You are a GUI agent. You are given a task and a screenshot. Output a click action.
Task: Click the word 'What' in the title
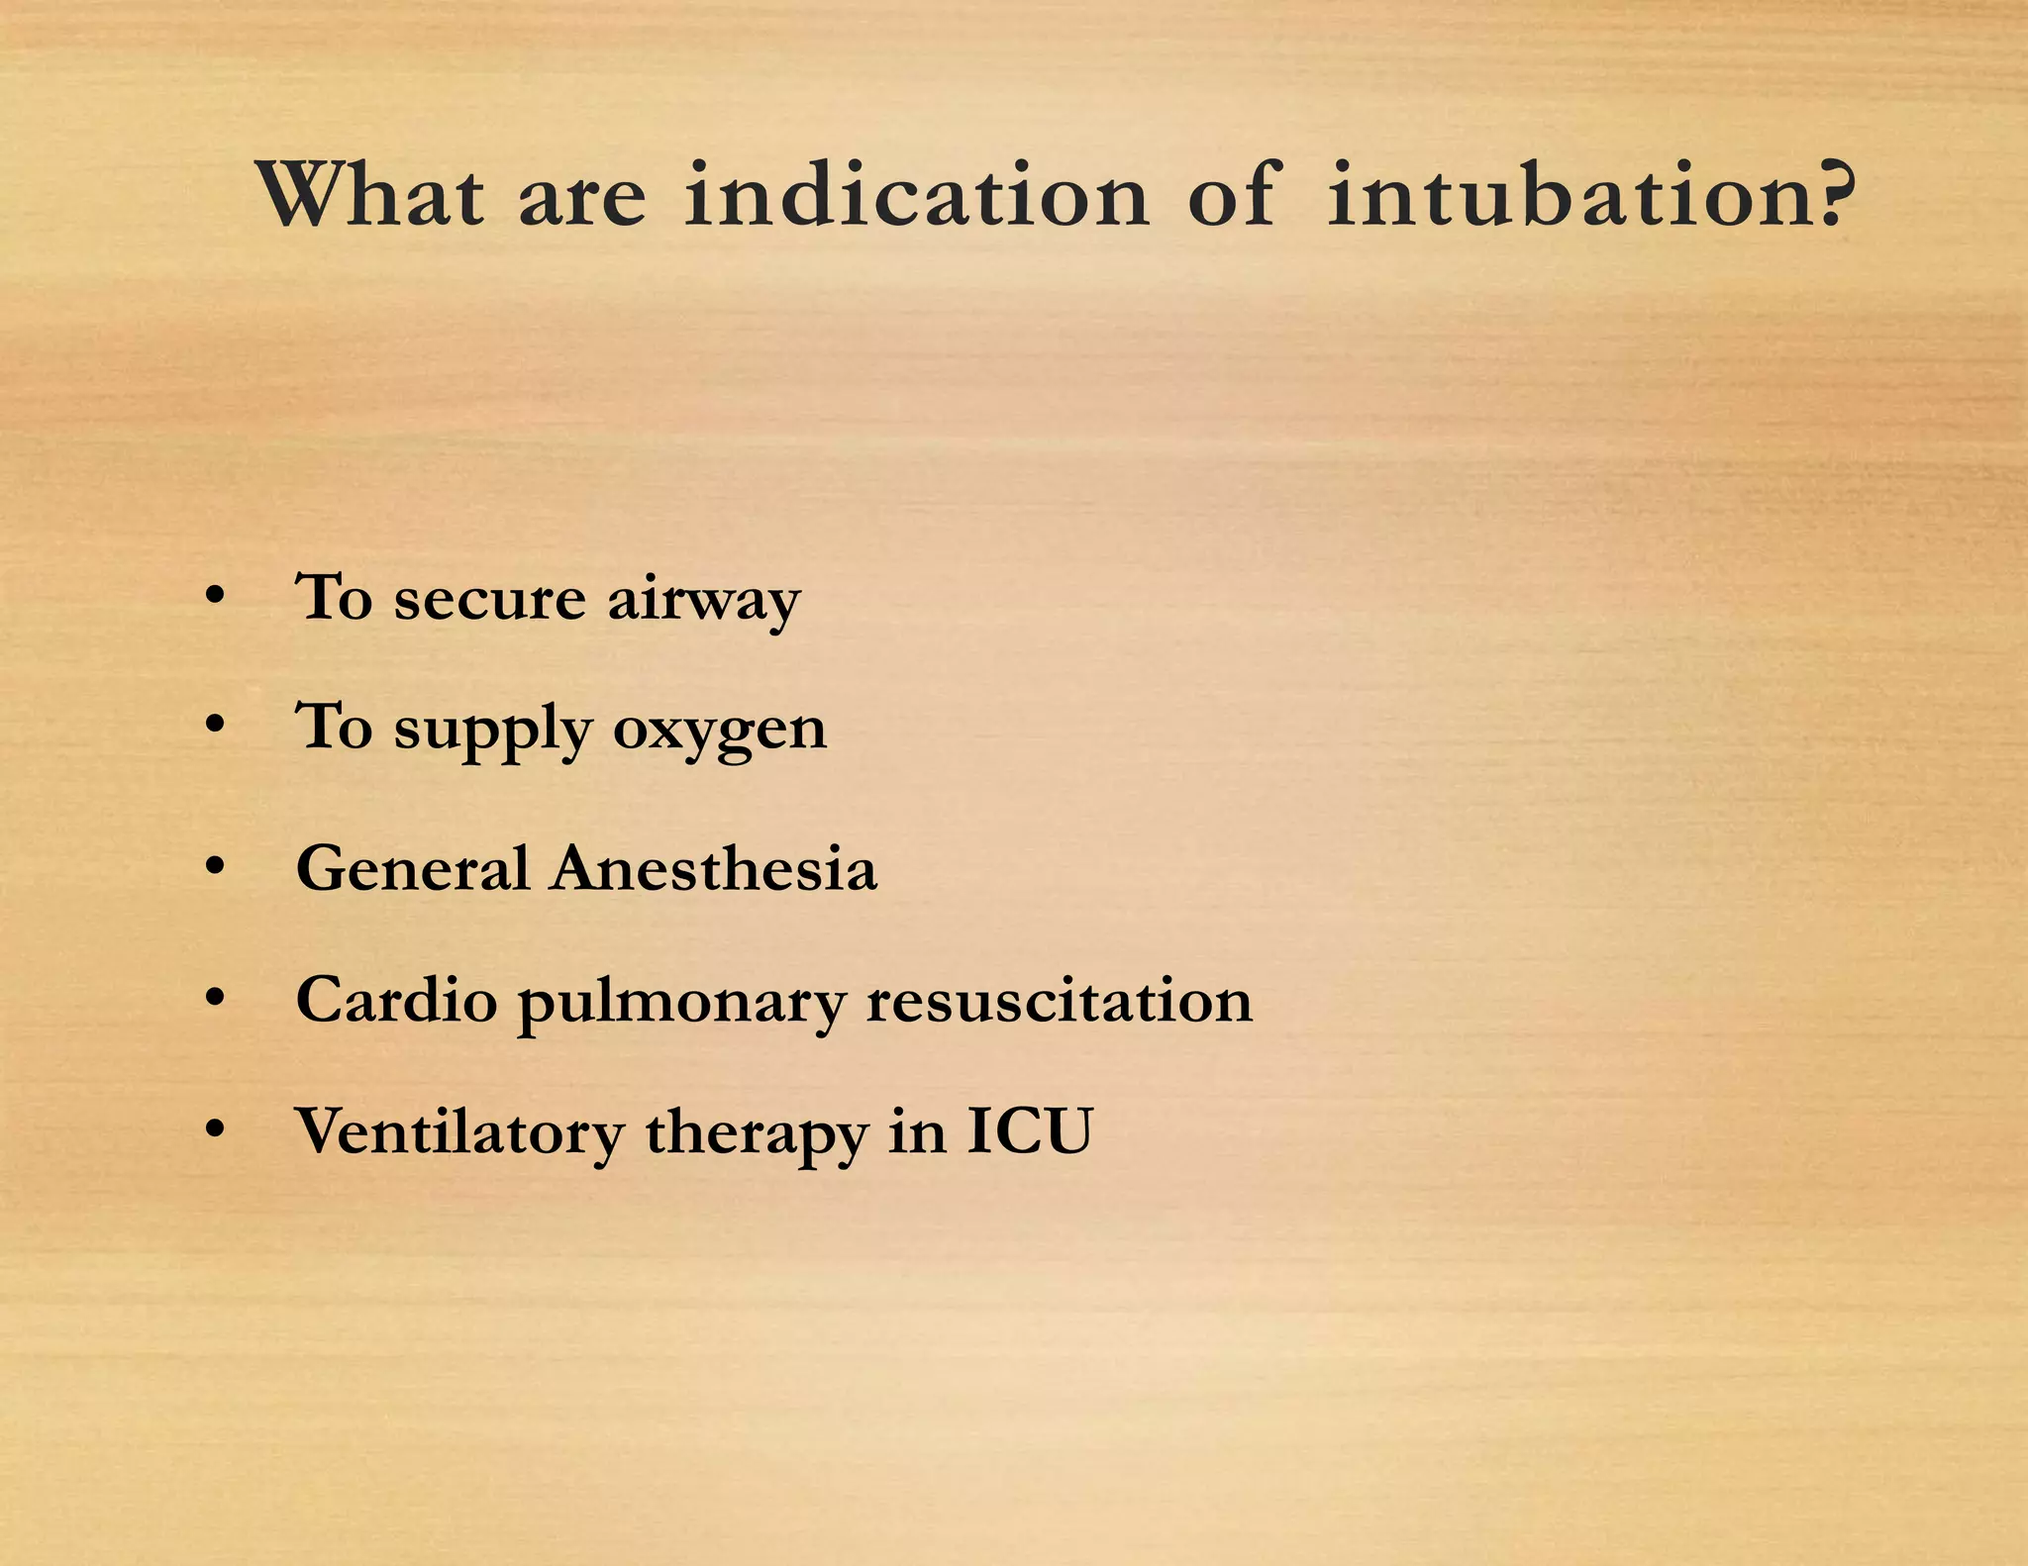click(x=370, y=194)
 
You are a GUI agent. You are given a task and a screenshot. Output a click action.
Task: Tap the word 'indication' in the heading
click(x=917, y=194)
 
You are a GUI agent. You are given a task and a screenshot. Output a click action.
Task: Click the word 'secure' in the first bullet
click(x=490, y=600)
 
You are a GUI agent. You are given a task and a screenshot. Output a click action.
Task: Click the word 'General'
click(x=413, y=869)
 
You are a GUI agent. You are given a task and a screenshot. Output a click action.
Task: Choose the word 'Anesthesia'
click(x=714, y=869)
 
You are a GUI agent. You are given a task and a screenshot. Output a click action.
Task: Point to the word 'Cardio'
click(x=396, y=1000)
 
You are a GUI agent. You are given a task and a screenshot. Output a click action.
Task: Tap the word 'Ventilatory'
click(x=460, y=1132)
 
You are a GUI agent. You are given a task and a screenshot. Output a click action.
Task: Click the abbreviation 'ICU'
click(x=1030, y=1130)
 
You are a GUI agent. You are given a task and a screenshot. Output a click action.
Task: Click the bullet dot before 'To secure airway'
click(x=215, y=596)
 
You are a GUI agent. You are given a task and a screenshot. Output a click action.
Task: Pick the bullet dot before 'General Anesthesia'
click(x=215, y=867)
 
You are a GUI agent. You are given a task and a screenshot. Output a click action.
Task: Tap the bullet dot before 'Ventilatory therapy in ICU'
click(x=215, y=1128)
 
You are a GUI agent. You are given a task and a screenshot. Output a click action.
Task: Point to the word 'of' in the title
click(x=1232, y=194)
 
